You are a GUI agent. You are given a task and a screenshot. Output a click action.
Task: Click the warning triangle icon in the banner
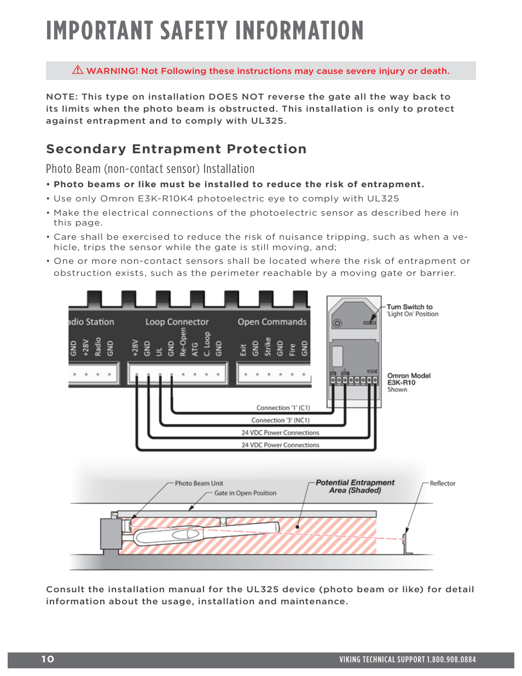(x=78, y=70)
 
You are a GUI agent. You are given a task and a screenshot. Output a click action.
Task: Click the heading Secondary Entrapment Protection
(x=176, y=149)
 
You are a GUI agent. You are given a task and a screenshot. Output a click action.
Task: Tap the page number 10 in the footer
(x=48, y=659)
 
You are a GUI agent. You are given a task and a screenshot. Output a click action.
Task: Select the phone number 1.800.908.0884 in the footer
(x=451, y=660)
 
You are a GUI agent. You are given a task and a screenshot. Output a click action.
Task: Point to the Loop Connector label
(x=177, y=322)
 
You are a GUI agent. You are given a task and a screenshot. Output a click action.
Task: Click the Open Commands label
(x=272, y=322)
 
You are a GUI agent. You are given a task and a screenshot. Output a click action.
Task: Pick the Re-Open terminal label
(x=183, y=343)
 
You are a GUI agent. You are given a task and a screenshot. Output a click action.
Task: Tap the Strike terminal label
(x=268, y=346)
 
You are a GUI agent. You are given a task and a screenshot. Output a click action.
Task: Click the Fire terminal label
(x=292, y=349)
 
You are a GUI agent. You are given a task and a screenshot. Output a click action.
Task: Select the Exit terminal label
(x=243, y=349)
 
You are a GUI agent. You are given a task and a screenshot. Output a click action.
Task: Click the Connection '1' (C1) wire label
(x=283, y=408)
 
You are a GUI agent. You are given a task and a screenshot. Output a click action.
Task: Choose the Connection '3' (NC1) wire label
(x=280, y=420)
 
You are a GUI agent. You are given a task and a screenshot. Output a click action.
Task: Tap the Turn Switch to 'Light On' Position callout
(x=412, y=310)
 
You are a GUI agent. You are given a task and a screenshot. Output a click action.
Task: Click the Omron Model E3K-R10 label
(x=408, y=379)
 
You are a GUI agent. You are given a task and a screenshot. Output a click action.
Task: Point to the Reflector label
(x=442, y=483)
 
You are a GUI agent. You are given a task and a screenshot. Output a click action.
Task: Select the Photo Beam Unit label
(x=199, y=483)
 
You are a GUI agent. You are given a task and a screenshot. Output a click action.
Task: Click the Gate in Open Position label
(x=245, y=493)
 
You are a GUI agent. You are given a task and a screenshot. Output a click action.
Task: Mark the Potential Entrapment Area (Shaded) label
(x=355, y=486)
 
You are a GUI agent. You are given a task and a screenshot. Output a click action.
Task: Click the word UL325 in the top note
(x=267, y=121)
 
